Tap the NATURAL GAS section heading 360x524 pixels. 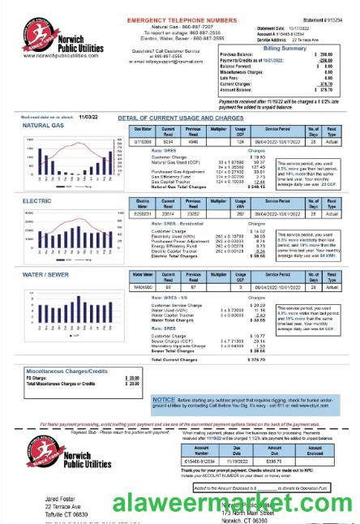point(45,126)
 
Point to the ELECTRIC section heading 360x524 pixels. point(37,199)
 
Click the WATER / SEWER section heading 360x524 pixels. point(45,275)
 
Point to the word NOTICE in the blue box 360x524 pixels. point(164,400)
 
